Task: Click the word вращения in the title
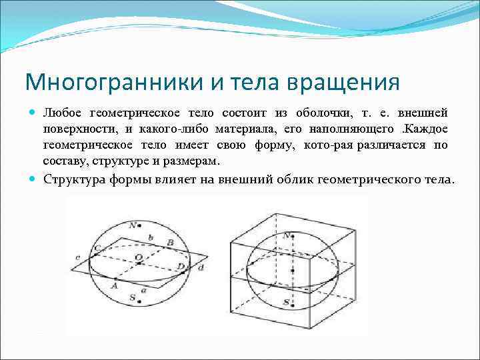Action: pyautogui.click(x=344, y=83)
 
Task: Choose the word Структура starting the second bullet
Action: pyautogui.click(x=71, y=179)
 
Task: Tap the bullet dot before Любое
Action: pyautogui.click(x=34, y=114)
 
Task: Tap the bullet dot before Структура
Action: pyautogui.click(x=34, y=179)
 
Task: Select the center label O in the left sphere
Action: pyautogui.click(x=138, y=257)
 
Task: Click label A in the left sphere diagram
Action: pyautogui.click(x=114, y=285)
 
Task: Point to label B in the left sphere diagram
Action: pyautogui.click(x=171, y=242)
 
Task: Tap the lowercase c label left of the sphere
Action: pyautogui.click(x=78, y=257)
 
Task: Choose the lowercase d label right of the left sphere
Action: pyautogui.click(x=200, y=267)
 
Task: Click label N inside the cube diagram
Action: pyautogui.click(x=286, y=236)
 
